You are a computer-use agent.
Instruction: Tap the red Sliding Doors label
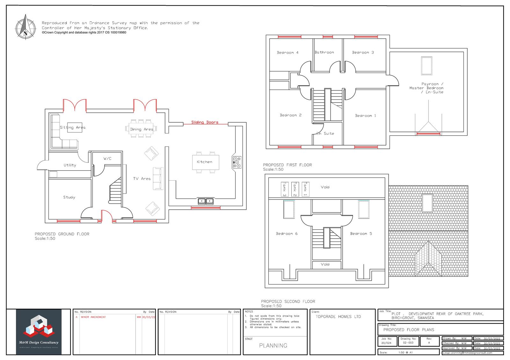tap(205, 122)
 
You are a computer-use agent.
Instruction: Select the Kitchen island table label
tap(204, 162)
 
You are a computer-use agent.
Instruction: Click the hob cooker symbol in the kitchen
tap(237, 162)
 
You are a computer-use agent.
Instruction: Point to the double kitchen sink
tap(206, 201)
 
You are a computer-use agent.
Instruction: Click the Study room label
tap(69, 197)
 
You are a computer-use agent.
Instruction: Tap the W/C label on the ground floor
tap(107, 159)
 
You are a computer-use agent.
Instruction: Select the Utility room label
tap(70, 165)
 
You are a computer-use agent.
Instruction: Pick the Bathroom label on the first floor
tap(324, 52)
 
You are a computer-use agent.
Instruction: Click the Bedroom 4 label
tap(288, 53)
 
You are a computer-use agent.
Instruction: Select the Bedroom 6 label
tap(287, 234)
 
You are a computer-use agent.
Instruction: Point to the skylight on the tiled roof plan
tap(427, 203)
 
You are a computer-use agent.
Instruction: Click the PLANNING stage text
tap(273, 345)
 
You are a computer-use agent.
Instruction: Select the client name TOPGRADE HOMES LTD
tap(338, 317)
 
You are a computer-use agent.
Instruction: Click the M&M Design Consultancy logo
tap(39, 332)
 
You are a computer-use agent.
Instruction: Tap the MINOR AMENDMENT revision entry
tap(93, 317)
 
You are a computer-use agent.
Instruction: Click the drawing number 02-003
tap(408, 343)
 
